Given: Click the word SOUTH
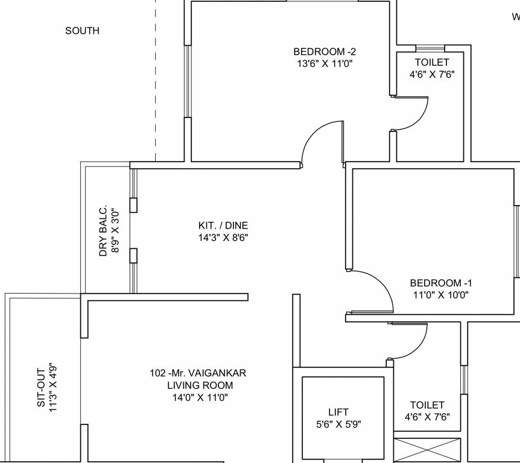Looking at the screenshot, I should (x=83, y=31).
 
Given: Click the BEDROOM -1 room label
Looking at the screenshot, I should (x=441, y=283).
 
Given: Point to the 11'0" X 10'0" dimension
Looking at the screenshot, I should (x=440, y=295).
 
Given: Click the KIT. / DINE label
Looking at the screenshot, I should (x=223, y=226).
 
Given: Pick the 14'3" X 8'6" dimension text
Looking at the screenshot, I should (x=223, y=238).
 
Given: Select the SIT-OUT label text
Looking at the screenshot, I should (x=41, y=387).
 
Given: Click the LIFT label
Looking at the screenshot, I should (x=338, y=412).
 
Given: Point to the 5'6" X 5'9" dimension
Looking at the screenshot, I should (x=339, y=424).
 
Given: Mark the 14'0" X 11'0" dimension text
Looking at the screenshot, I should (x=200, y=397).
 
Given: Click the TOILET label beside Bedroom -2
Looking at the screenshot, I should (x=432, y=63).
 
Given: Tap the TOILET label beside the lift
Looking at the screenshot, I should (x=427, y=405).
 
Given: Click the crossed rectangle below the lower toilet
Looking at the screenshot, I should (x=426, y=450).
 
